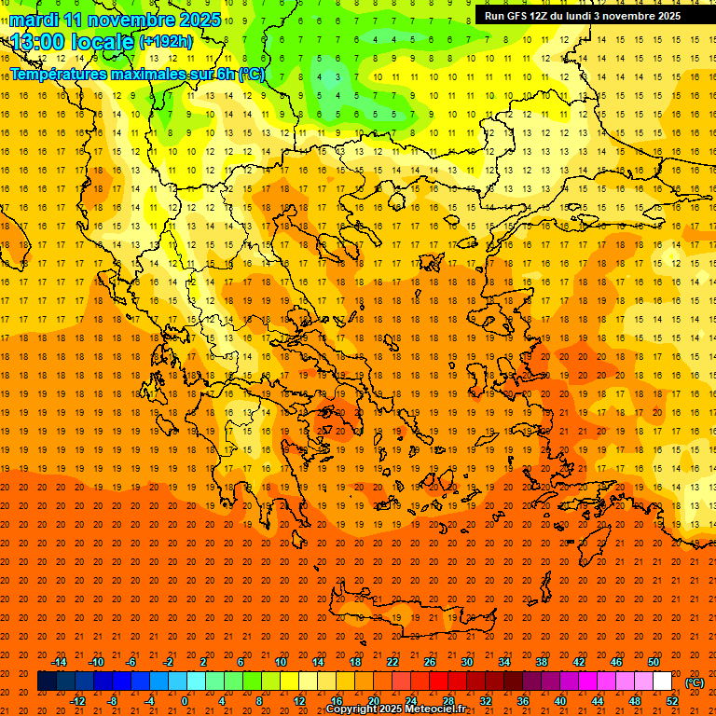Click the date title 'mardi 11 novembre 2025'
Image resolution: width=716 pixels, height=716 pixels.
pyautogui.click(x=117, y=20)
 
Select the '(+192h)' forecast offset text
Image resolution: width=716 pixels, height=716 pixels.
pyautogui.click(x=166, y=42)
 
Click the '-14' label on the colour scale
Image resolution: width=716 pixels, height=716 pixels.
pyautogui.click(x=59, y=662)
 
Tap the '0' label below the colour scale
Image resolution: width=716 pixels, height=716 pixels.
pyautogui.click(x=184, y=701)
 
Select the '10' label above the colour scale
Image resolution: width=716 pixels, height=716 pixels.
pyautogui.click(x=280, y=662)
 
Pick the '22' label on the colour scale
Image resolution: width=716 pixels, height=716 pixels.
pyautogui.click(x=392, y=662)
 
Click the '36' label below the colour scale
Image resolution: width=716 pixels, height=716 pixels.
pyautogui.click(x=523, y=701)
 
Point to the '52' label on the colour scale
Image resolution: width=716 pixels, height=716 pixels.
pyautogui.click(x=672, y=701)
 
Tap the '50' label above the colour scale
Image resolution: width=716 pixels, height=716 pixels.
pyautogui.click(x=654, y=662)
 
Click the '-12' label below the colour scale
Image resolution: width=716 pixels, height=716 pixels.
pyautogui.click(x=77, y=701)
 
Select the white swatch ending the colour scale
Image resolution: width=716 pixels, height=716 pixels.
pyautogui.click(x=663, y=682)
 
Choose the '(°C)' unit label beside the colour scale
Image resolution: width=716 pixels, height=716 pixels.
pyautogui.click(x=695, y=682)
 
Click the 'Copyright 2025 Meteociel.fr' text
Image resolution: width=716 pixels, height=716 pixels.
pyautogui.click(x=396, y=709)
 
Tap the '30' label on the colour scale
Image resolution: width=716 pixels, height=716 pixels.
pyautogui.click(x=467, y=662)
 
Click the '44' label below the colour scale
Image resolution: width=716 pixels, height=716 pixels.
pyautogui.click(x=598, y=701)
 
